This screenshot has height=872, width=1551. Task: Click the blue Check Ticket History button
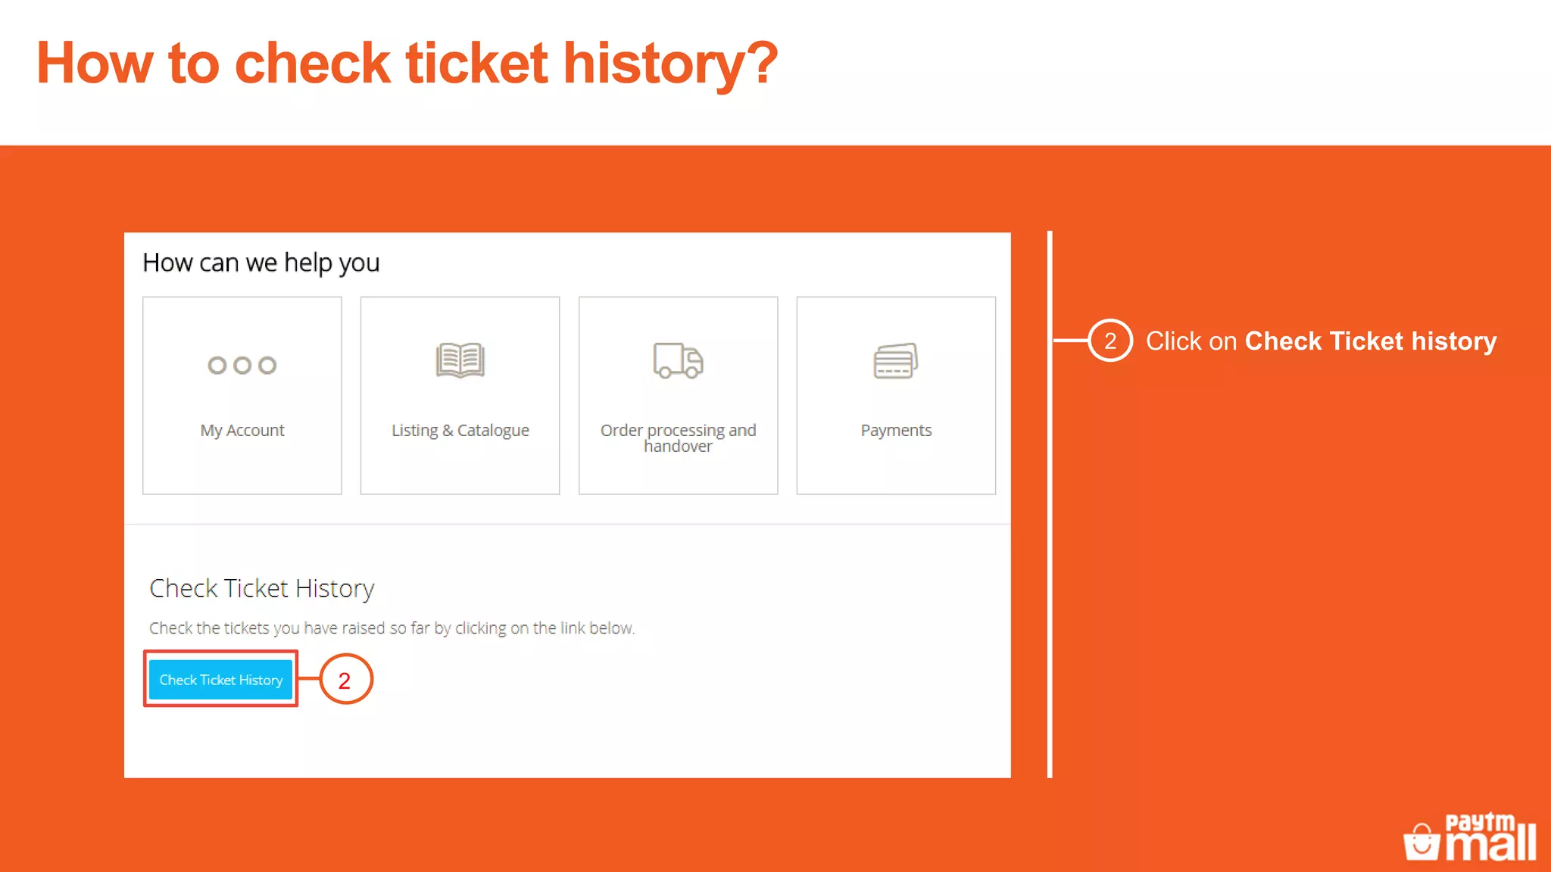[x=220, y=680]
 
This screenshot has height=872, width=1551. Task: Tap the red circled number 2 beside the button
[x=345, y=680]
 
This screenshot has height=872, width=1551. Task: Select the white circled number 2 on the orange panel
[x=1109, y=341]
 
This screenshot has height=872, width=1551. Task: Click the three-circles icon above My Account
[x=242, y=366]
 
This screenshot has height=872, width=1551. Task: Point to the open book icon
[x=460, y=360]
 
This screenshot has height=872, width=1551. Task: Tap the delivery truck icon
[x=678, y=360]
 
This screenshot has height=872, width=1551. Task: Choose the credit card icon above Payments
[x=895, y=360]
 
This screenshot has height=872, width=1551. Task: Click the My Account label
[x=242, y=431]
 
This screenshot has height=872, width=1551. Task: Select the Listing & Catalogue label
[x=460, y=431]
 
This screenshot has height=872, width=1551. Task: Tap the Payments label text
[x=896, y=431]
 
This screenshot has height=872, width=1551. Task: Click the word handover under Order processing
[x=678, y=447]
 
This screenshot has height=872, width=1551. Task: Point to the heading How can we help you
[x=261, y=263]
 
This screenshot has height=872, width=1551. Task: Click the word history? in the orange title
[x=669, y=64]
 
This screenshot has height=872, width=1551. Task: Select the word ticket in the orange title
[x=476, y=64]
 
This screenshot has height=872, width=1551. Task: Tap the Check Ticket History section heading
[x=261, y=588]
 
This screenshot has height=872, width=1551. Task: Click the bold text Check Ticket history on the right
[x=1371, y=341]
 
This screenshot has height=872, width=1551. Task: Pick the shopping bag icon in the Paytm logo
[x=1421, y=842]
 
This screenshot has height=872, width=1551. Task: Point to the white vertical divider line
[x=1050, y=530]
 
